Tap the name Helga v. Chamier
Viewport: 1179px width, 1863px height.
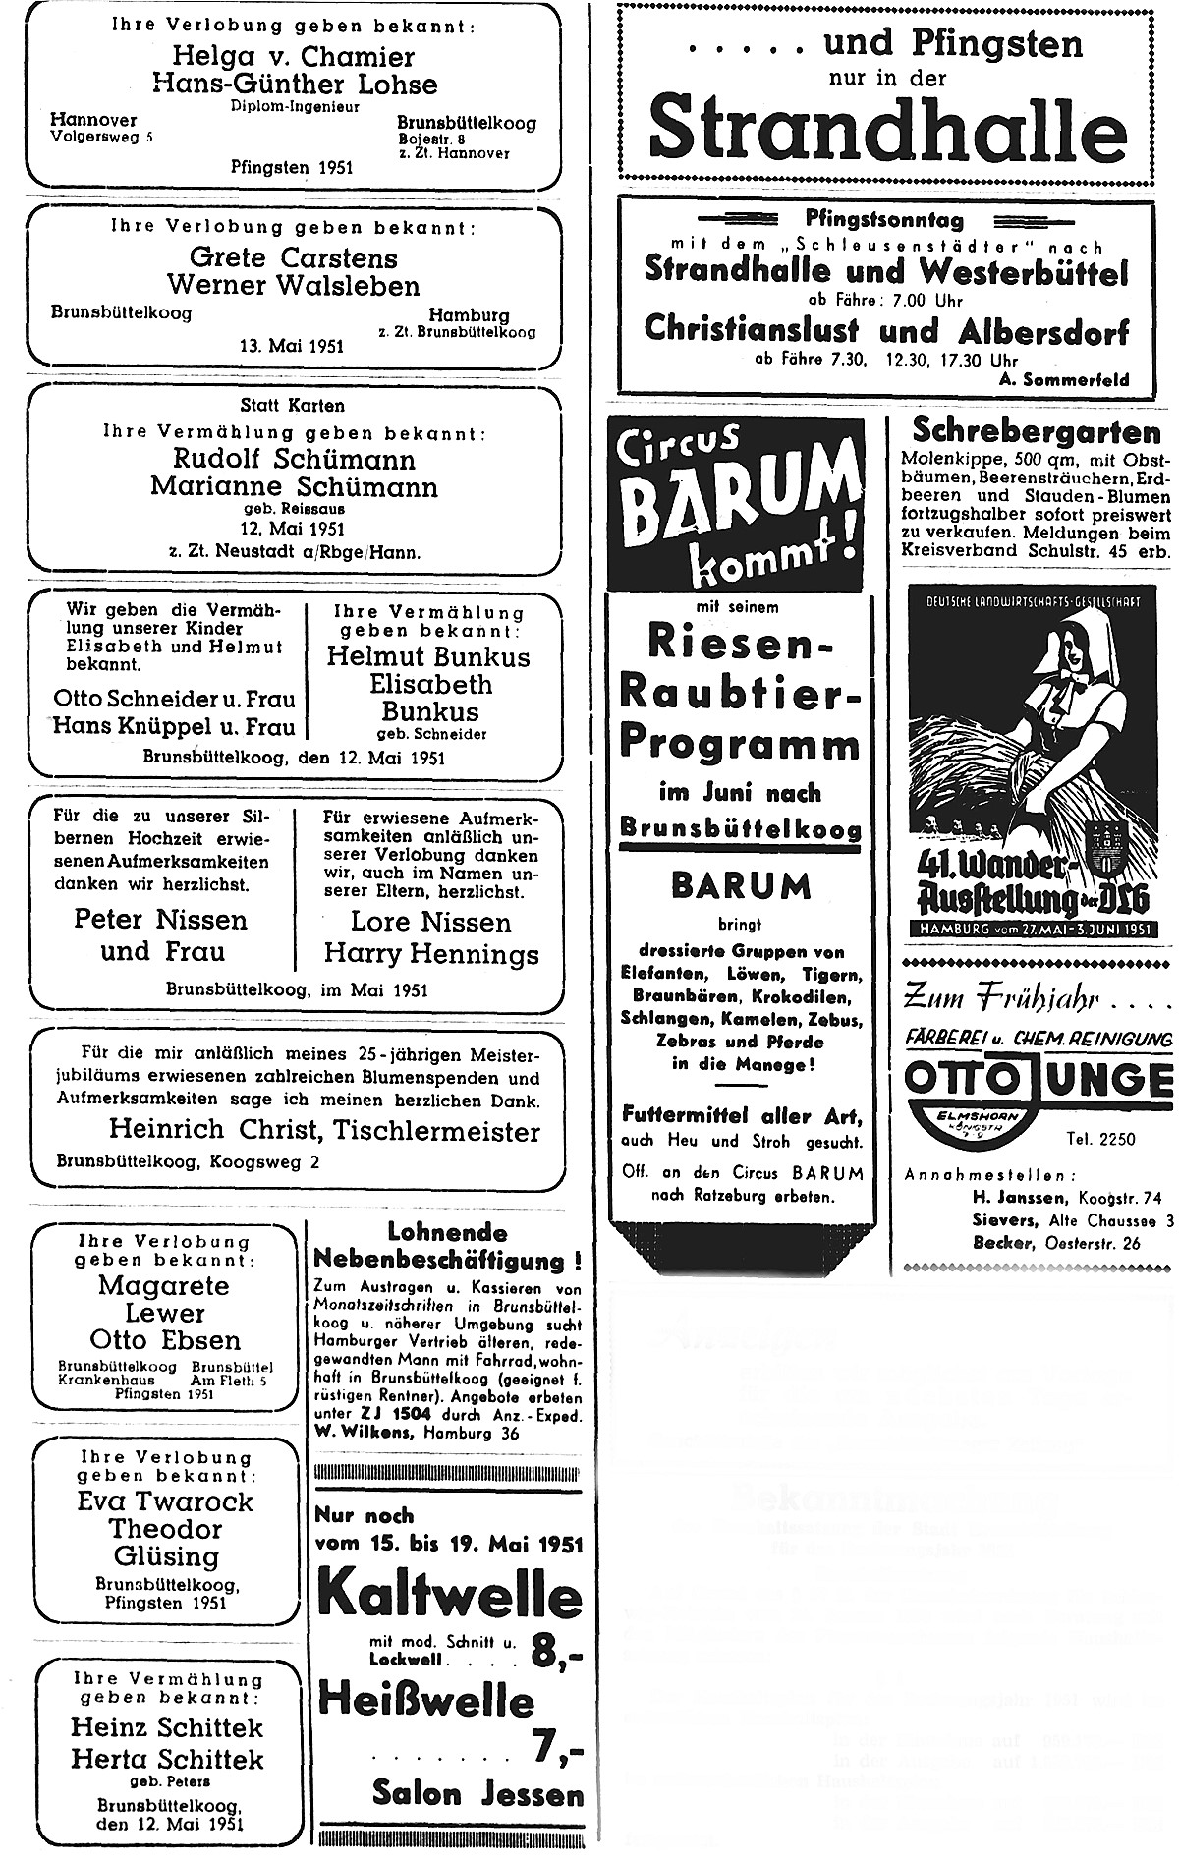pyautogui.click(x=294, y=57)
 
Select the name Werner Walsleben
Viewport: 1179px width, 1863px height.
pyautogui.click(x=293, y=286)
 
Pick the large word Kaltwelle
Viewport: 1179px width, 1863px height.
pyautogui.click(x=449, y=1599)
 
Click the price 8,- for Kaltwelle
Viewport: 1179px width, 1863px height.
pyautogui.click(x=555, y=1654)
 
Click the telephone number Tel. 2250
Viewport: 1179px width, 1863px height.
pyautogui.click(x=1100, y=1140)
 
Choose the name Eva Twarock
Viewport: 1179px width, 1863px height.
pyautogui.click(x=165, y=1502)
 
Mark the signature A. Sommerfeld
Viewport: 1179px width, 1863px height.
pyautogui.click(x=1073, y=380)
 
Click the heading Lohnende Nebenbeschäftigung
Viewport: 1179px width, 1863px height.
pyautogui.click(x=447, y=1246)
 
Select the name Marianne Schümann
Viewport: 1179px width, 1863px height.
pyautogui.click(x=294, y=486)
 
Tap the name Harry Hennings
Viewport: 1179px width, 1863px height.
pyautogui.click(x=431, y=954)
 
